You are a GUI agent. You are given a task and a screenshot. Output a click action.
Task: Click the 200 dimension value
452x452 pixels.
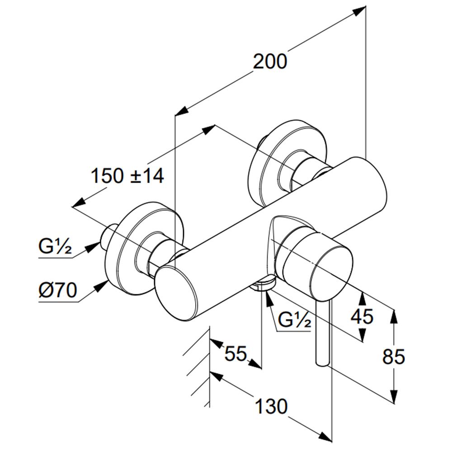(x=270, y=61)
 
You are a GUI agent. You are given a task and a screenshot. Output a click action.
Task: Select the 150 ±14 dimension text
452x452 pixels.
(x=127, y=176)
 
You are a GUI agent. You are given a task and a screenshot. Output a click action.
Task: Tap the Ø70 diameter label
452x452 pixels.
(x=58, y=290)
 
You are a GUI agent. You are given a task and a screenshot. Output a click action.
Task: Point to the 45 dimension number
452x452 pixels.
(x=362, y=316)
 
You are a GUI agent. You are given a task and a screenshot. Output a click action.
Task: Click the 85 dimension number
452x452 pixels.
(x=394, y=357)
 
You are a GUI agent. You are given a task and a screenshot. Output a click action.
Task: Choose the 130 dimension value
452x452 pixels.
(x=271, y=406)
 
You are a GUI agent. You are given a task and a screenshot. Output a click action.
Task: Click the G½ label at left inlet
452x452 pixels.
(x=55, y=246)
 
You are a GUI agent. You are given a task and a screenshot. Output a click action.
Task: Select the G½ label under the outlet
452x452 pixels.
(x=295, y=320)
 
